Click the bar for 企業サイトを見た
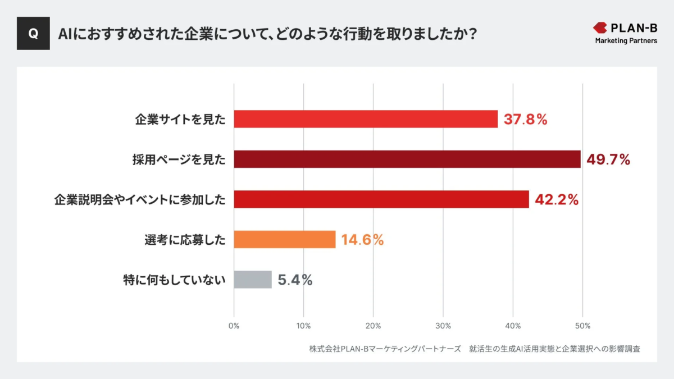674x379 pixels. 366,119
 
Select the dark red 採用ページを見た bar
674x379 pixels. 407,159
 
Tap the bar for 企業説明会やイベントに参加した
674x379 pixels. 381,199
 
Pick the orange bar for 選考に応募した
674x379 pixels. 285,240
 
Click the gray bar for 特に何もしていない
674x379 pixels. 253,280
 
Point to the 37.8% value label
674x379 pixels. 525,120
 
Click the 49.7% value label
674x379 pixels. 608,160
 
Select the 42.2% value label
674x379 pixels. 556,200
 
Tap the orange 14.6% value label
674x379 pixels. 362,240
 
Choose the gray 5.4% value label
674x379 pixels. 295,280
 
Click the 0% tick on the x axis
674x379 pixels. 234,326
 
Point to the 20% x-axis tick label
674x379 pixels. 374,326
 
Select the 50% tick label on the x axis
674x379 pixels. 582,326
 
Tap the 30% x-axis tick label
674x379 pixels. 443,326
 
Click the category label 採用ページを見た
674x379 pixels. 175,160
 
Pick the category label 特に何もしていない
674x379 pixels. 174,280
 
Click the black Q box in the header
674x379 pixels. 33,33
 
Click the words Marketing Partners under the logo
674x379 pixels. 626,41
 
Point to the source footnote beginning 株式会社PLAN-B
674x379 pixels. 475,349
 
